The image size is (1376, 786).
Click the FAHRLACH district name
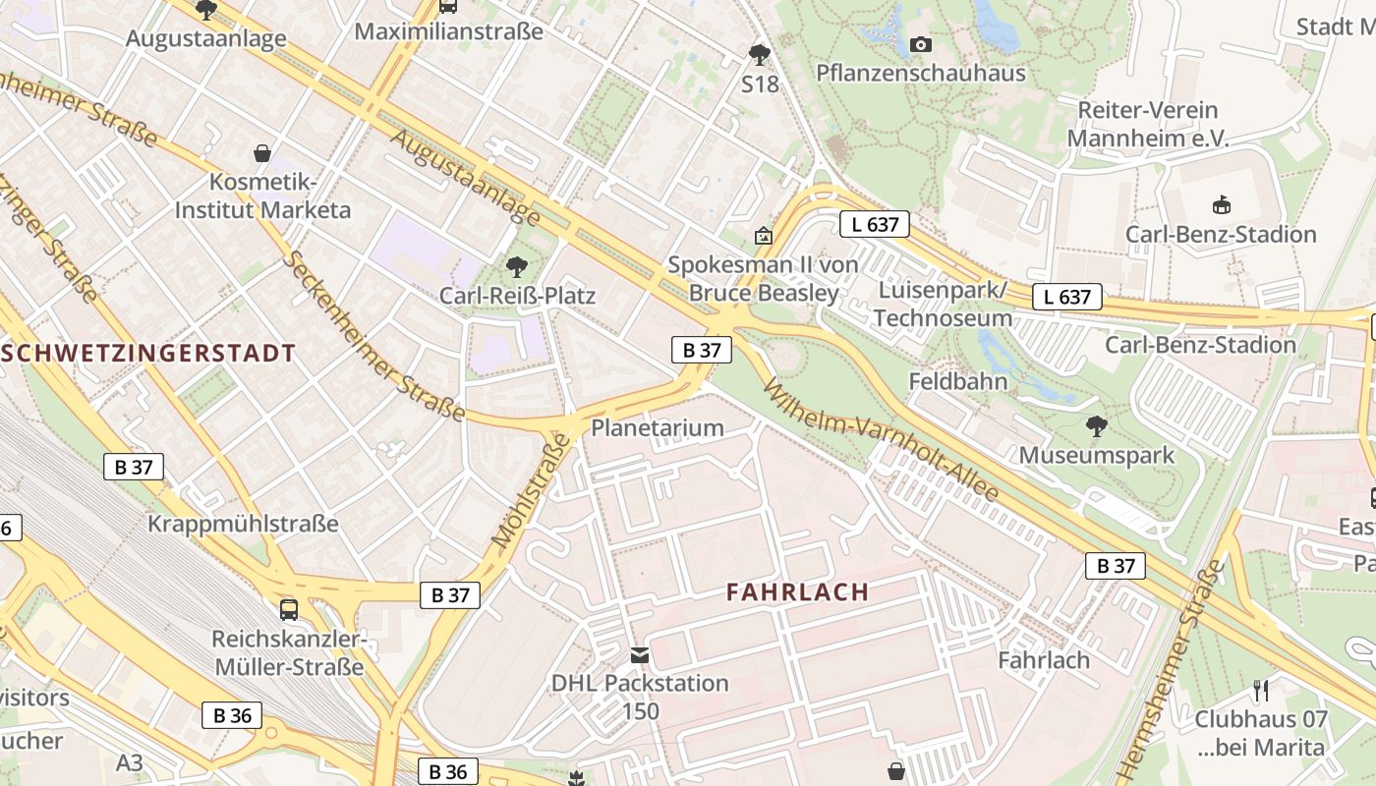click(x=798, y=591)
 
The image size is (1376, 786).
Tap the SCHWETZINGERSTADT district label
click(x=147, y=354)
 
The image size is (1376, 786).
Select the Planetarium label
click(x=657, y=427)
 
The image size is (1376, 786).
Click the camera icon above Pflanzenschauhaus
click(x=921, y=44)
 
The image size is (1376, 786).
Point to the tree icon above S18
click(x=759, y=54)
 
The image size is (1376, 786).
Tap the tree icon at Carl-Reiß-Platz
click(x=516, y=266)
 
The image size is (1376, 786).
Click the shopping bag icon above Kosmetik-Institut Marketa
click(x=262, y=153)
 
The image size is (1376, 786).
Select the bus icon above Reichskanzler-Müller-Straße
click(x=289, y=609)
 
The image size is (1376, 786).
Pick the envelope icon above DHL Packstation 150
click(x=640, y=654)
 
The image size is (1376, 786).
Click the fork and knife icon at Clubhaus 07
click(x=1261, y=690)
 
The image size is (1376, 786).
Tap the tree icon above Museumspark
click(x=1096, y=426)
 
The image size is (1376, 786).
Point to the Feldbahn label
click(x=958, y=381)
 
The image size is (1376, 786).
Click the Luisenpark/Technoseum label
click(x=943, y=305)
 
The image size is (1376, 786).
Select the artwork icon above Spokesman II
click(x=763, y=236)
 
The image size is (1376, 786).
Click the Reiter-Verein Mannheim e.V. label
click(x=1148, y=124)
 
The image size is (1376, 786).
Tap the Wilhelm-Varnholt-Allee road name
click(x=881, y=440)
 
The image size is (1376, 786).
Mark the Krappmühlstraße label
click(x=243, y=524)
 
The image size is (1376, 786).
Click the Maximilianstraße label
click(x=448, y=31)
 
